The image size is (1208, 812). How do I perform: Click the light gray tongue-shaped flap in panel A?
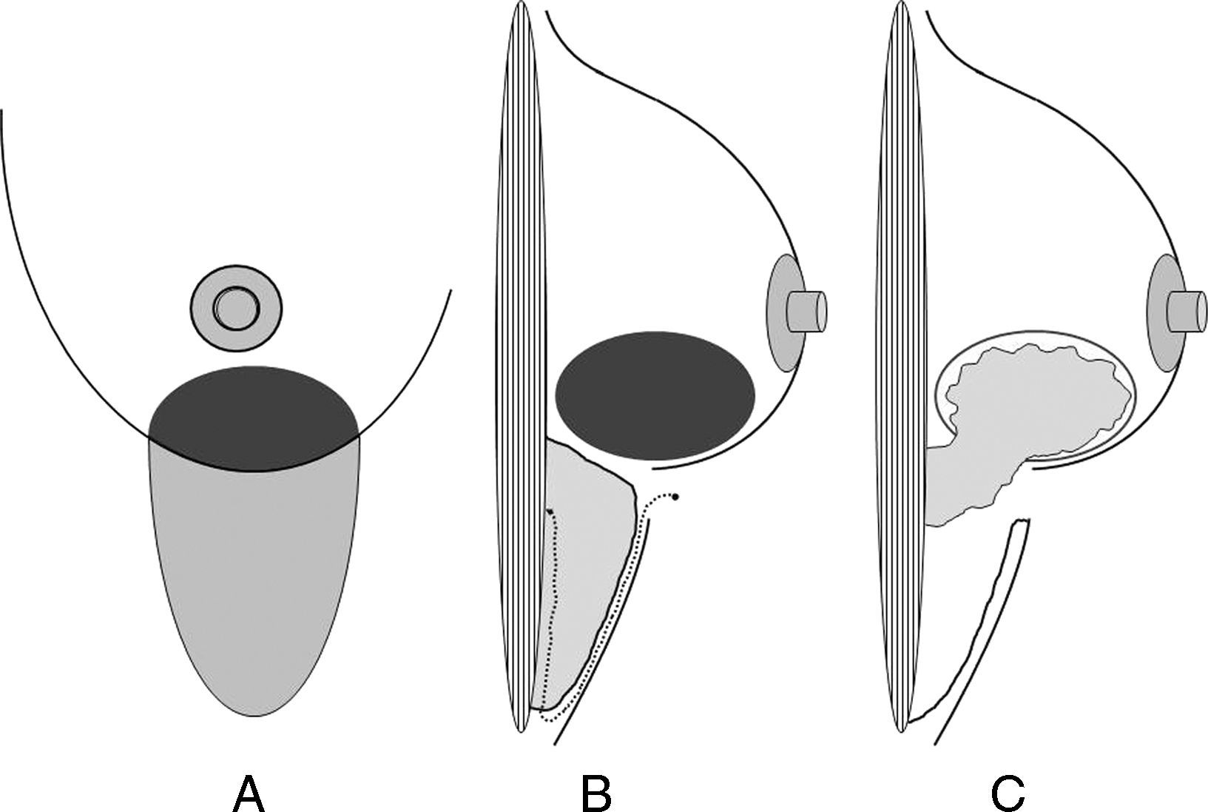tap(255, 577)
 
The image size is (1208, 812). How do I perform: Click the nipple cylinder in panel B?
tap(806, 312)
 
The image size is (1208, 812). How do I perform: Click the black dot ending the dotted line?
tap(675, 496)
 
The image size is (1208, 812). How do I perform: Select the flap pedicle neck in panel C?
tap(954, 474)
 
